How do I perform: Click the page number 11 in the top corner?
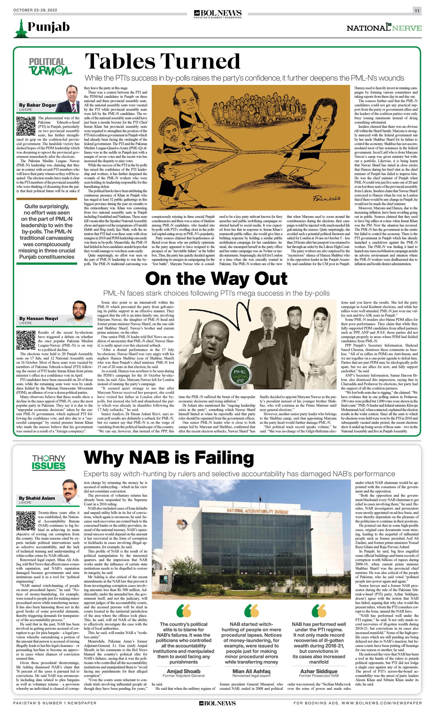(417, 11)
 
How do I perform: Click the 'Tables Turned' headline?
(163, 61)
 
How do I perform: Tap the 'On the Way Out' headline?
(216, 279)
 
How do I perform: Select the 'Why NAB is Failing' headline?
(169, 458)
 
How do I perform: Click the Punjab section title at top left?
(48, 27)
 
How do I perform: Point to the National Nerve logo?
(384, 28)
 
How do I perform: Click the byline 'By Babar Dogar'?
(38, 105)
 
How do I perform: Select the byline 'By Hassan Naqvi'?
(38, 318)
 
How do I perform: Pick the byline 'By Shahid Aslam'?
(37, 498)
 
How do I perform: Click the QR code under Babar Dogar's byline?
(26, 126)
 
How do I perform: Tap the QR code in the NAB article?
(26, 520)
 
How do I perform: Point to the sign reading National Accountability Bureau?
(257, 511)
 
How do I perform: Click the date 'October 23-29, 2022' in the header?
(35, 10)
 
